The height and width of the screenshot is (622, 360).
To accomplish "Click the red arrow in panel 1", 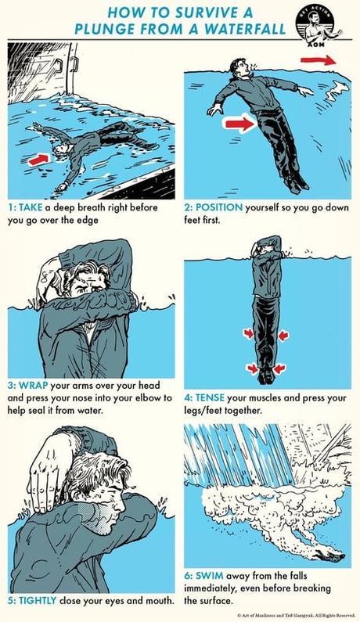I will (40, 159).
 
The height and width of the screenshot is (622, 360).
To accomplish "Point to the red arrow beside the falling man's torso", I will (239, 123).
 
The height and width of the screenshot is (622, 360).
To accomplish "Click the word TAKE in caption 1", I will (34, 208).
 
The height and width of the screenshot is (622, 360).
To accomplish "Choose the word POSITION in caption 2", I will (218, 208).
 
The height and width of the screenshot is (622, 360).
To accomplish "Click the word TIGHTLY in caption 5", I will (43, 601).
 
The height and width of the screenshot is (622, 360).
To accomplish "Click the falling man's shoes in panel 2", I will (293, 185).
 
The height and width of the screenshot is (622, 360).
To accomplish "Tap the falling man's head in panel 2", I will (239, 67).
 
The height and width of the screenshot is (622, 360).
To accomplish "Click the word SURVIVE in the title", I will (207, 13).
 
